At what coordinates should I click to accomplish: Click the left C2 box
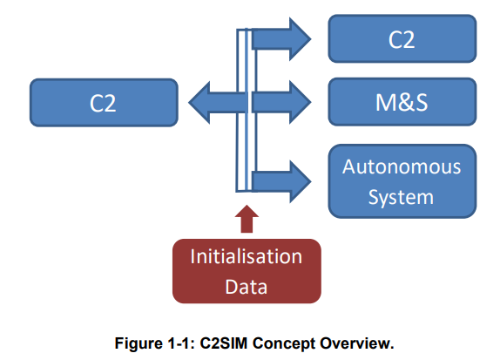coord(104,103)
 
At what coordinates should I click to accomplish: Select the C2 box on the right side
coord(402,38)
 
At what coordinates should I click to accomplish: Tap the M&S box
coord(402,102)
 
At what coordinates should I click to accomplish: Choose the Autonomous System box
coord(402,181)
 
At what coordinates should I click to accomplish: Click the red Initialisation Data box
coord(247,271)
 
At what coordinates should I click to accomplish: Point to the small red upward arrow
coord(247,219)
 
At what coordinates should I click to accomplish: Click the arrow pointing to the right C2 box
coord(280,39)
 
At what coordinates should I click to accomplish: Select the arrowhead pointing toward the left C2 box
coord(199,103)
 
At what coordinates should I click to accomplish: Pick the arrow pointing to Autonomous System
coord(280,181)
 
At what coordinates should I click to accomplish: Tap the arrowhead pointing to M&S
coord(300,103)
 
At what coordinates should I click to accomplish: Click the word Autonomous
coord(402,166)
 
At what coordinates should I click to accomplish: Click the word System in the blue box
coord(401,197)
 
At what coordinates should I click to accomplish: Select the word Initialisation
coord(247,256)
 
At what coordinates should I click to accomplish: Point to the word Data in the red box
coord(247,287)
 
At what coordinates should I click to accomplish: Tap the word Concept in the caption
coord(284,344)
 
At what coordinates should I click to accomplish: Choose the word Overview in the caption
coord(357,343)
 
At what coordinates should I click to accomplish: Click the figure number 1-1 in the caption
coord(180,343)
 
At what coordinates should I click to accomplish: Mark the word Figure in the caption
coord(139,344)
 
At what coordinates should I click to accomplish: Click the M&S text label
coord(402,103)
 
